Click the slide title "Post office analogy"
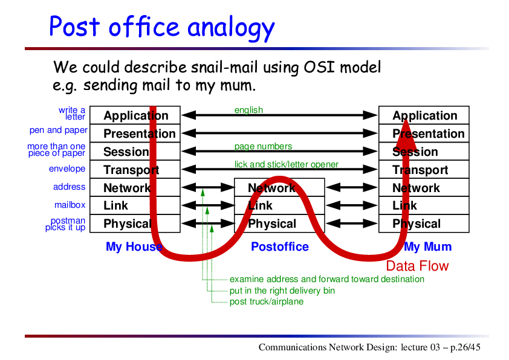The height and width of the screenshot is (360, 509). click(x=162, y=27)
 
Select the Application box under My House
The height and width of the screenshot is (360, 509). click(x=135, y=115)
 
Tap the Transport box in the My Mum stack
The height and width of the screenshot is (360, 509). click(x=424, y=169)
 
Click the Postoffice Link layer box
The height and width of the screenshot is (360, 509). click(x=279, y=205)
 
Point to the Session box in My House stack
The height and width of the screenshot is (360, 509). click(x=135, y=152)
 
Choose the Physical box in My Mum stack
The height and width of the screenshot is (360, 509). click(x=424, y=223)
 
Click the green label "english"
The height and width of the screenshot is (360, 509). click(x=248, y=111)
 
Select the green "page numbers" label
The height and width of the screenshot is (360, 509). click(x=263, y=147)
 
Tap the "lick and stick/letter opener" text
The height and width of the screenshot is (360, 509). click(x=287, y=164)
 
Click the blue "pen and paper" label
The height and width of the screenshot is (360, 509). click(x=59, y=130)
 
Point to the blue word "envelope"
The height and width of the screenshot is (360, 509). click(x=67, y=169)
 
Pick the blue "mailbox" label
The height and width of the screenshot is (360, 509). click(x=70, y=205)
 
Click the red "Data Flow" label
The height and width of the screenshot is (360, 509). click(x=417, y=266)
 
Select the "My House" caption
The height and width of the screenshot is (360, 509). click(x=134, y=246)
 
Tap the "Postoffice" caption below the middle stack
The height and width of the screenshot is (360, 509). click(x=280, y=246)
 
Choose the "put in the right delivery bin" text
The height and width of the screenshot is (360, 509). click(x=282, y=291)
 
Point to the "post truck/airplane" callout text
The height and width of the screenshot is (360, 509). click(x=267, y=301)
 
